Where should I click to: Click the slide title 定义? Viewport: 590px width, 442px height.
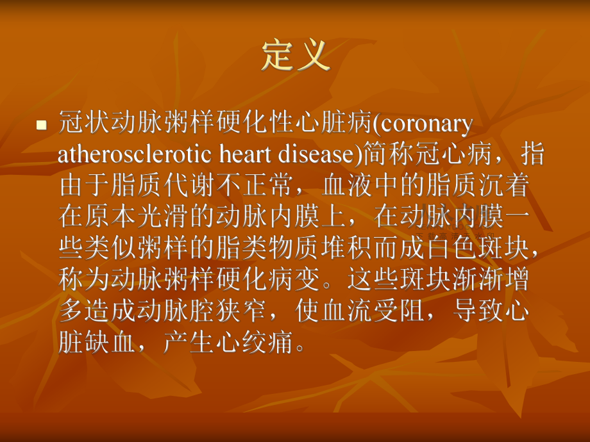[296, 55]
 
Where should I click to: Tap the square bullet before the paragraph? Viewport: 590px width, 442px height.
[42, 125]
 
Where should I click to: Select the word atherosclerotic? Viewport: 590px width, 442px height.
[134, 154]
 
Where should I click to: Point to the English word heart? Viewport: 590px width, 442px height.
[245, 154]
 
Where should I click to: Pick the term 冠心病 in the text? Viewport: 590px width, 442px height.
[453, 154]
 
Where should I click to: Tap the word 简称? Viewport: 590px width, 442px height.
[388, 154]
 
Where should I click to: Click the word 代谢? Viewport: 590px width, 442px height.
[189, 185]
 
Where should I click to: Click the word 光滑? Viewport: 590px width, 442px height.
[163, 217]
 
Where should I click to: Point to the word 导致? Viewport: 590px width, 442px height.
[479, 311]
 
